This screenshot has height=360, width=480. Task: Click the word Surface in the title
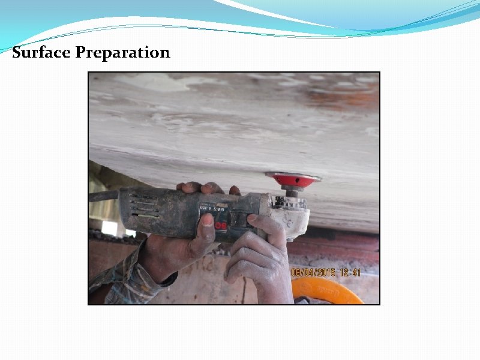41,53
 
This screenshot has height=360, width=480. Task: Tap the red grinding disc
293,179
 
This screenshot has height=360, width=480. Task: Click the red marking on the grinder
221,225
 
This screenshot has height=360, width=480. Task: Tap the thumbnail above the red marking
207,220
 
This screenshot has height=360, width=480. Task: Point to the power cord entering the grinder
104,196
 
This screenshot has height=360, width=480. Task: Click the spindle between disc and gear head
293,191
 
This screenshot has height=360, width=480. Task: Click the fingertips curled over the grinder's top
198,188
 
